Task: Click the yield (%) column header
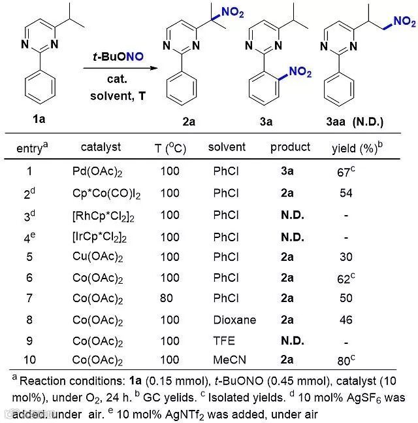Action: [x=357, y=148]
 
